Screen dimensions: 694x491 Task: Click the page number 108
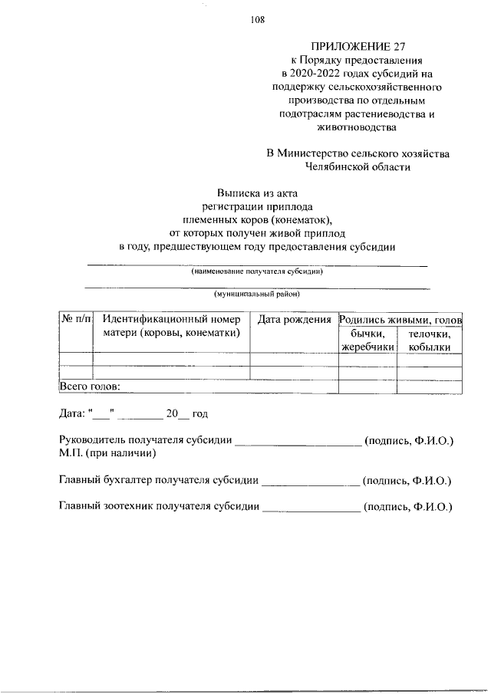tap(257, 21)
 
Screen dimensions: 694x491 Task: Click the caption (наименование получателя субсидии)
tap(257, 271)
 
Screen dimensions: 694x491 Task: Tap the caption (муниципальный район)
tap(257, 294)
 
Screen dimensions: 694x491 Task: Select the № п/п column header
tap(76, 319)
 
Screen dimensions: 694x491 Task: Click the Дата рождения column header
tap(295, 319)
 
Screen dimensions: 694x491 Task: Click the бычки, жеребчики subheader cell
tap(367, 340)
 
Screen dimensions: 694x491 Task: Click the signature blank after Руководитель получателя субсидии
tap(298, 442)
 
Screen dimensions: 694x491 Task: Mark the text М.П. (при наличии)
tap(108, 454)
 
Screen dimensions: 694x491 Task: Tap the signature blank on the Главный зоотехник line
tap(311, 507)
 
